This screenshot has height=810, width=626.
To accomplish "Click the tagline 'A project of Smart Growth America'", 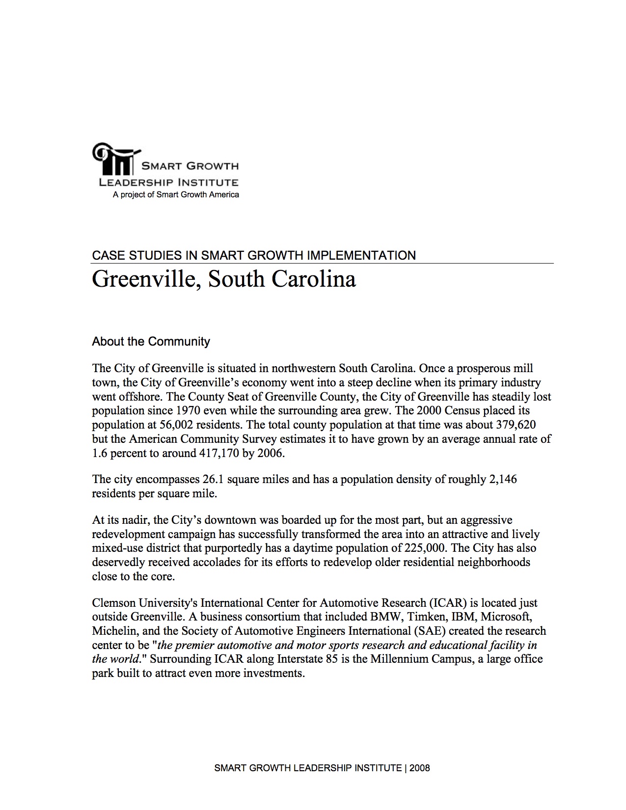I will tap(176, 195).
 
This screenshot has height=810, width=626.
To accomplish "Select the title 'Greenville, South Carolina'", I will tap(223, 279).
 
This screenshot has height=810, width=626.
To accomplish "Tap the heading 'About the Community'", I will tap(151, 342).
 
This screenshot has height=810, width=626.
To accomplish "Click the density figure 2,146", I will tap(503, 479).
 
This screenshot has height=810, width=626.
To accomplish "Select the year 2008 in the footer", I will tap(419, 768).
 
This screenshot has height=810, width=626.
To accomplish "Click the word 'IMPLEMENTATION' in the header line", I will tap(361, 255).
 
